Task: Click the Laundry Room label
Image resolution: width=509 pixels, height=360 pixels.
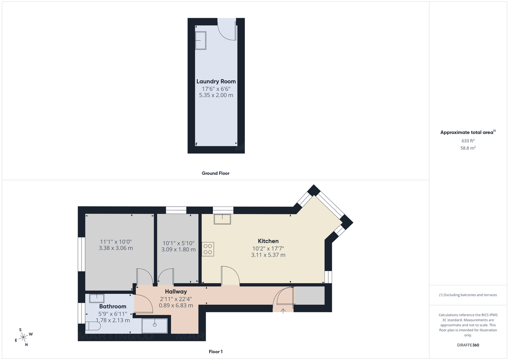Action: point(216,81)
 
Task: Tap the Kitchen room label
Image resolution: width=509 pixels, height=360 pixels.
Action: point(268,241)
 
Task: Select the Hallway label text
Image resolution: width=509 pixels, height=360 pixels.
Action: point(176,292)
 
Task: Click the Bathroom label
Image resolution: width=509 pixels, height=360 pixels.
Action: point(113,307)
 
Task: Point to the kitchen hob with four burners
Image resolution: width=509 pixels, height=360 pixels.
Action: point(208,248)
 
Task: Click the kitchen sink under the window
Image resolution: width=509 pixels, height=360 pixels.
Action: point(223,219)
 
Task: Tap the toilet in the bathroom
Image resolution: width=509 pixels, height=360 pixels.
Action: point(92,327)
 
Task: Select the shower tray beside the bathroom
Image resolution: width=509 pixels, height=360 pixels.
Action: point(155,326)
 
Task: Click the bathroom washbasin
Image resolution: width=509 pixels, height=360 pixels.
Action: point(97,298)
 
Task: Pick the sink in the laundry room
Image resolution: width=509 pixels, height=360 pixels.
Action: point(201,41)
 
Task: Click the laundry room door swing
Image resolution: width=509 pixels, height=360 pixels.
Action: point(227,30)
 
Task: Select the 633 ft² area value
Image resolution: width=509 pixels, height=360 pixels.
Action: point(468,141)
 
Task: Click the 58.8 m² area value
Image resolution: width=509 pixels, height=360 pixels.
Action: point(468,148)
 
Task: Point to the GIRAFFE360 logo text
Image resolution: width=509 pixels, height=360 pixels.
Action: point(468,345)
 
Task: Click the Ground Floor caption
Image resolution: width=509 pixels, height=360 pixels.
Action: point(215,173)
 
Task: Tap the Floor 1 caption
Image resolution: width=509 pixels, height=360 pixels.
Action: point(215,352)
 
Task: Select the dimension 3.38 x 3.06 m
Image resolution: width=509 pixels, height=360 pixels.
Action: point(115,248)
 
